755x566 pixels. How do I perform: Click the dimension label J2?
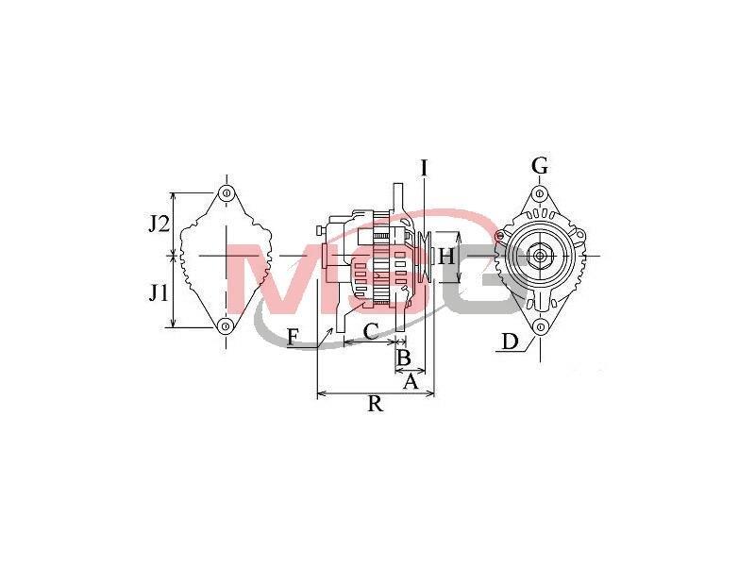coord(159,224)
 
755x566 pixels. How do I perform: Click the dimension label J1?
coord(158,292)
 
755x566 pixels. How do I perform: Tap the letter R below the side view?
coord(375,404)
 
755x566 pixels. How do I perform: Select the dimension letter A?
coord(410,382)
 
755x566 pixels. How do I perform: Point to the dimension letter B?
coord(403,358)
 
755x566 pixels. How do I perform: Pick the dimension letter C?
coord(371,331)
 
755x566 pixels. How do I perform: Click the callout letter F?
coord(293,337)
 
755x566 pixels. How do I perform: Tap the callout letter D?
coord(510,341)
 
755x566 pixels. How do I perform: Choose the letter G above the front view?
coord(539,166)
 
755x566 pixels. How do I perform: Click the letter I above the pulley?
coord(424,168)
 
